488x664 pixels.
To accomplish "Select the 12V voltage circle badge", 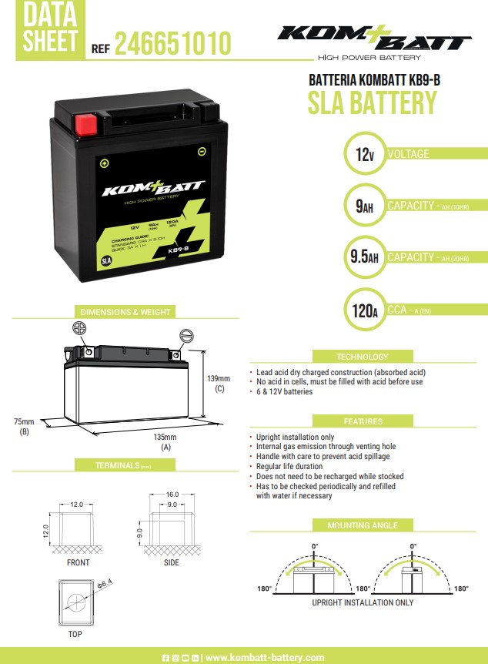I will [x=360, y=154].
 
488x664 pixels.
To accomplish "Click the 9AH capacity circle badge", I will [x=360, y=206].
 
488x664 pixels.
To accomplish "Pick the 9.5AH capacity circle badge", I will [x=360, y=257].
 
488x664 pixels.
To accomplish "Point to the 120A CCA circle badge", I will [x=360, y=310].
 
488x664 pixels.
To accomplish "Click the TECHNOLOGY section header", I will [x=363, y=357].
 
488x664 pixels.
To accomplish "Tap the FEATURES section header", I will [x=363, y=421].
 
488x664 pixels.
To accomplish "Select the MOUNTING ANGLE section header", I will [x=363, y=525].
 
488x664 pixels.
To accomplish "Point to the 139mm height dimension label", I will [x=219, y=378].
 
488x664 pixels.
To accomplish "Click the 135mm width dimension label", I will [x=165, y=437].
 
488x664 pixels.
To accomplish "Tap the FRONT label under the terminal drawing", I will [x=78, y=562].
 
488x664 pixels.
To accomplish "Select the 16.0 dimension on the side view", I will [x=172, y=494].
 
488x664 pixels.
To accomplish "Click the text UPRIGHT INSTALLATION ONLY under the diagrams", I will [x=363, y=602].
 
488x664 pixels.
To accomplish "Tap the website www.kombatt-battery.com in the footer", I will [x=265, y=657].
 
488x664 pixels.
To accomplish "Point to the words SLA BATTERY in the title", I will [x=372, y=102].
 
